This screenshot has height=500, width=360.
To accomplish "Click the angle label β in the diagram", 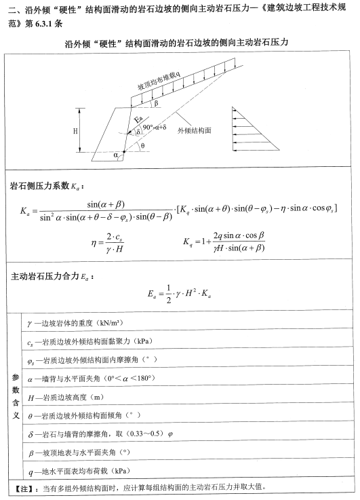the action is [155, 104].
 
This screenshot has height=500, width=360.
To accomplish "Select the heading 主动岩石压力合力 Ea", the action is [53, 277].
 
